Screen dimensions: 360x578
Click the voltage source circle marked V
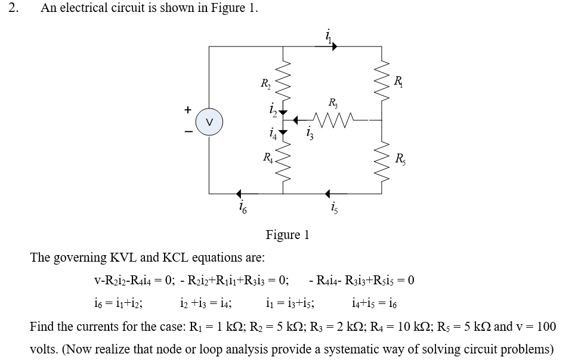(x=208, y=122)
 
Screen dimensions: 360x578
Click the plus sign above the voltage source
(x=188, y=110)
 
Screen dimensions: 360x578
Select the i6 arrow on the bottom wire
(x=240, y=194)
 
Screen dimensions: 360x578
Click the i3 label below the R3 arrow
(x=308, y=134)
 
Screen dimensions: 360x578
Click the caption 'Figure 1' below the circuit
(x=288, y=235)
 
